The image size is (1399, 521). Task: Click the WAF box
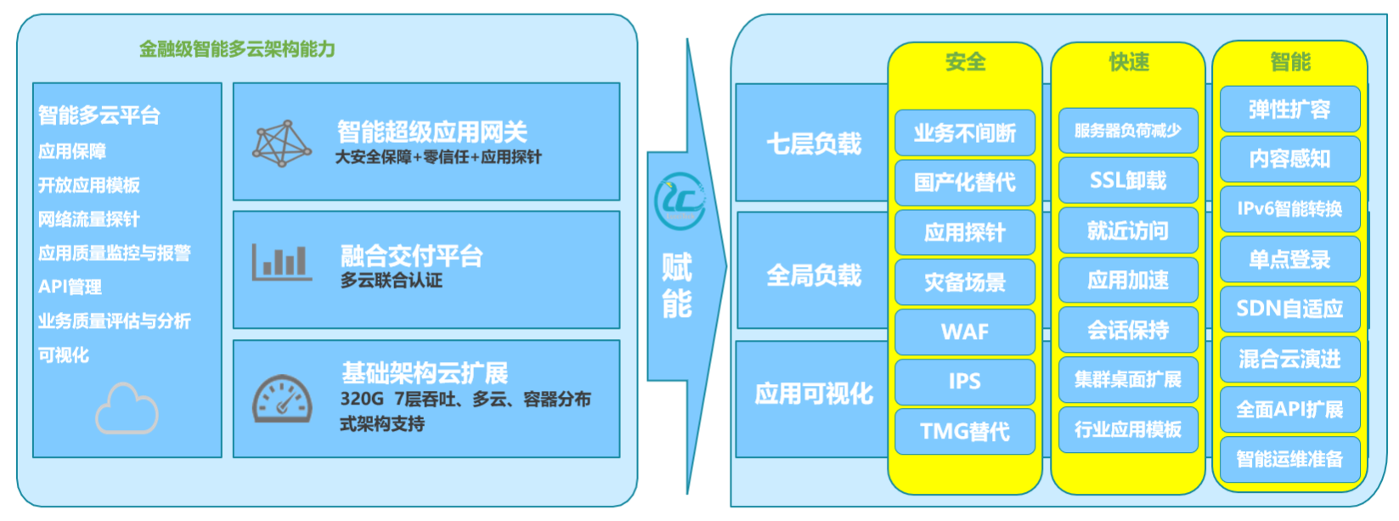tap(964, 331)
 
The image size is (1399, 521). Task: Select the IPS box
tap(964, 381)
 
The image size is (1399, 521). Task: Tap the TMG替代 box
tap(964, 431)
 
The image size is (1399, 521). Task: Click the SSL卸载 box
tap(1128, 180)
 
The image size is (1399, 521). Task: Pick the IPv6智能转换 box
tap(1289, 208)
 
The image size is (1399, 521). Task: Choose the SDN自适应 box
tap(1289, 309)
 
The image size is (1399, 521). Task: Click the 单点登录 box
tap(1289, 259)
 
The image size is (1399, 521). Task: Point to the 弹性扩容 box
tap(1289, 110)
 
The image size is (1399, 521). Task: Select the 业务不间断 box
tap(964, 133)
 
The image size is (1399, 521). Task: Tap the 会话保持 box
tap(1128, 330)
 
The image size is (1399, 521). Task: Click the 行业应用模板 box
tap(1128, 429)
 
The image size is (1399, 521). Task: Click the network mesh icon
tap(282, 143)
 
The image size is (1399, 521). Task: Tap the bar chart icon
tap(282, 262)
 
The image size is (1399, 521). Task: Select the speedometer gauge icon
tap(282, 399)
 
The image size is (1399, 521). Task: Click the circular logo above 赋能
tap(680, 201)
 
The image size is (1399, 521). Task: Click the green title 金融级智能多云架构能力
tap(237, 48)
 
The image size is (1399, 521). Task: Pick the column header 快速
tap(1129, 62)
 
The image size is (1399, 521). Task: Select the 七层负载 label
tap(814, 144)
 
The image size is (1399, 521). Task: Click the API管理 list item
tap(70, 286)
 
